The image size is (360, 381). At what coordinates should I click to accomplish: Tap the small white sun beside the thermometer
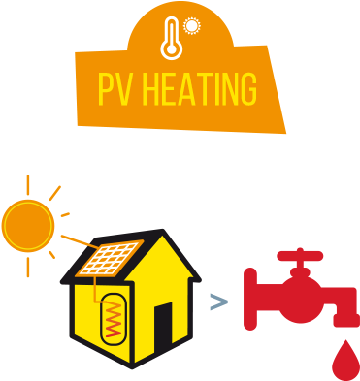click(x=191, y=26)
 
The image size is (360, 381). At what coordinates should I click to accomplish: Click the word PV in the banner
click(x=115, y=91)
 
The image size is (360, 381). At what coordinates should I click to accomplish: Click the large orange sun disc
click(x=29, y=225)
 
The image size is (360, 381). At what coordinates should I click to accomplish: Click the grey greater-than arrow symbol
click(x=219, y=303)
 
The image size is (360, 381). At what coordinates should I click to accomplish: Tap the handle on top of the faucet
click(x=300, y=258)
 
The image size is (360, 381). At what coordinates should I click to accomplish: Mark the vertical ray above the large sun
click(x=28, y=184)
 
